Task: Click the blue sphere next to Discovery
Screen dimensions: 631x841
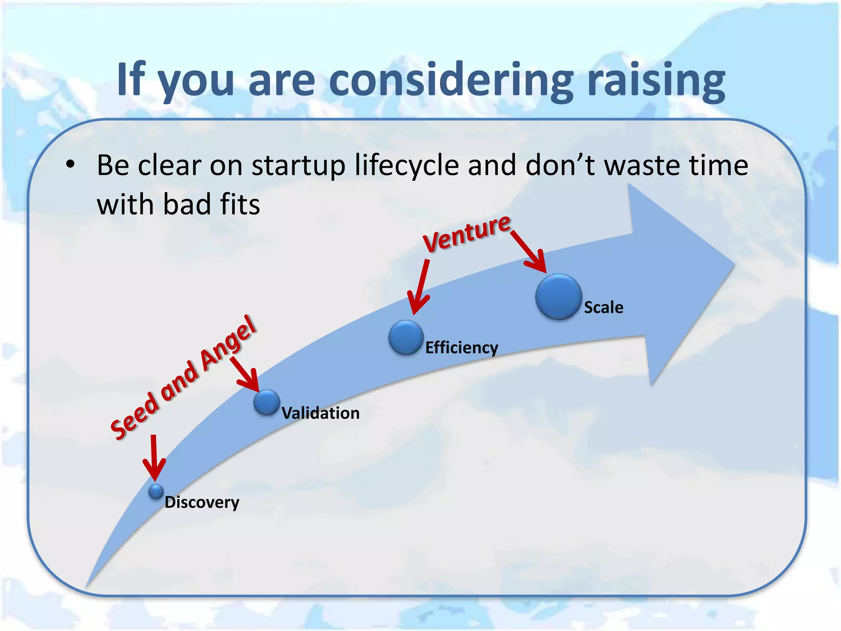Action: tap(156, 491)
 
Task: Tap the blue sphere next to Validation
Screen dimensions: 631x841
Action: tap(267, 402)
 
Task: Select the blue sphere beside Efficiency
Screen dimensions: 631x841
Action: tap(406, 337)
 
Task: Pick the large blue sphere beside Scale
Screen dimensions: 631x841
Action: tap(558, 297)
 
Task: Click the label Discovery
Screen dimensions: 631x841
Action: tap(202, 502)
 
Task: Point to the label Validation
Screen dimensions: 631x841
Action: tap(320, 413)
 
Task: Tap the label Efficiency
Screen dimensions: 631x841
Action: tap(462, 348)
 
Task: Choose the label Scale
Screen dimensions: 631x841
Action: tap(603, 308)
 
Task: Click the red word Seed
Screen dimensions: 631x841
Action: tap(135, 416)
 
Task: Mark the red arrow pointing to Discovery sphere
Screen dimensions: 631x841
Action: tap(154, 458)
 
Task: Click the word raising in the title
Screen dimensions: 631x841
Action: tap(656, 80)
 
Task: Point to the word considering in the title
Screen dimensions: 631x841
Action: tap(451, 80)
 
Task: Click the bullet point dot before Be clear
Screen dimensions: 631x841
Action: tap(71, 164)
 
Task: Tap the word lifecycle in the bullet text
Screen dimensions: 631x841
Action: tap(407, 165)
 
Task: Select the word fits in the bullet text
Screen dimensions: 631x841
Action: tap(240, 204)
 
